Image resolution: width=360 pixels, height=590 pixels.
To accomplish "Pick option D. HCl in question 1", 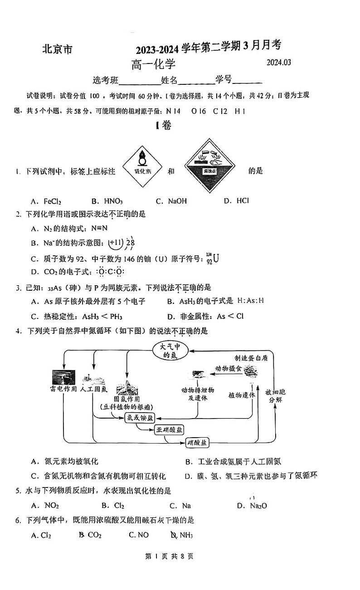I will (x=237, y=200).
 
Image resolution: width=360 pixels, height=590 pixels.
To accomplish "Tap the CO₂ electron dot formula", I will (x=104, y=272).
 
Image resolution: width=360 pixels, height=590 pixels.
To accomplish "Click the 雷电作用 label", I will (x=63, y=389).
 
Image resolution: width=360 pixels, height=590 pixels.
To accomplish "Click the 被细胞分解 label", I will (x=275, y=396).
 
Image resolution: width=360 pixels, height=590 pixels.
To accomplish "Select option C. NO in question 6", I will (x=139, y=535).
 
